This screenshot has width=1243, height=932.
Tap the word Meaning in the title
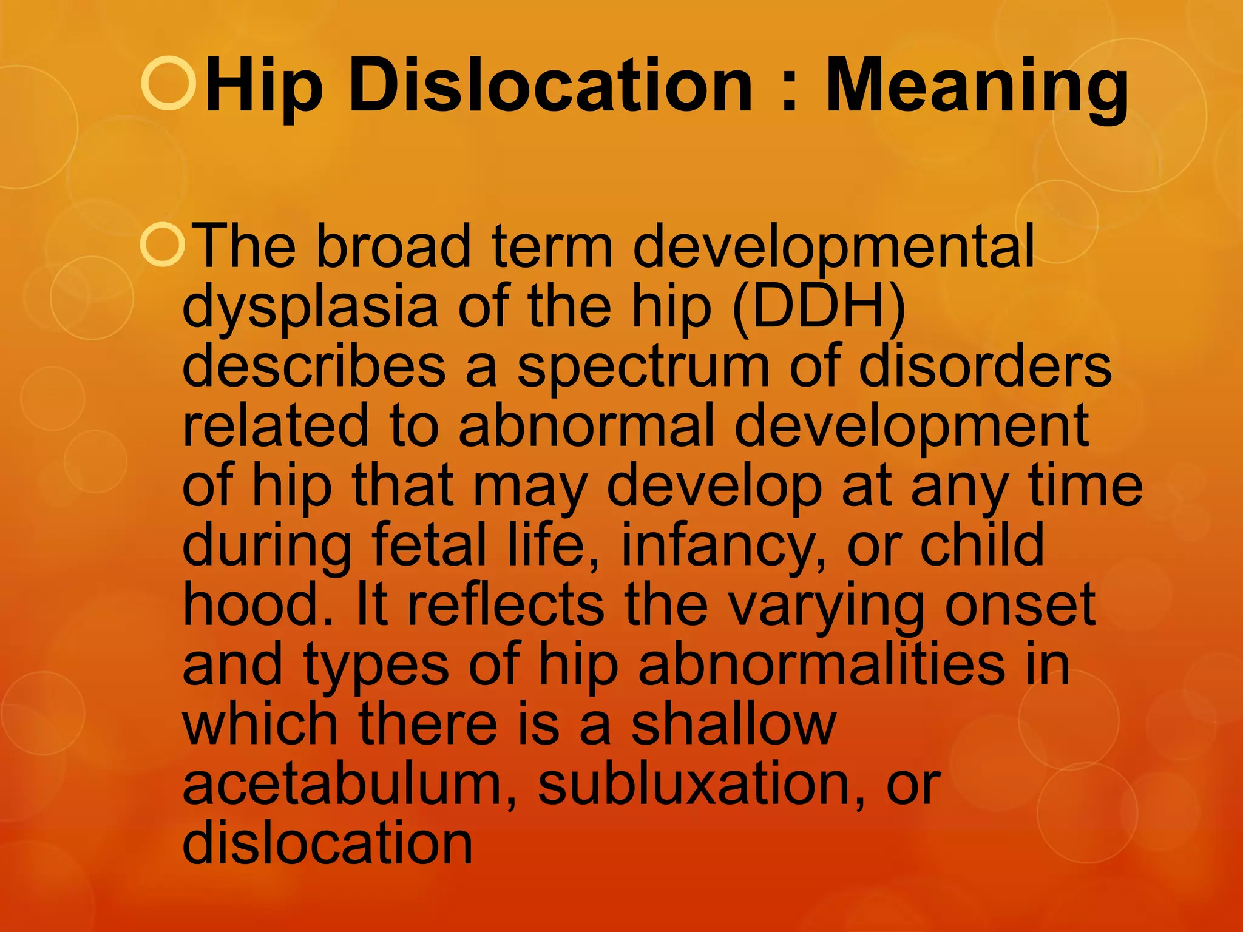coord(977,88)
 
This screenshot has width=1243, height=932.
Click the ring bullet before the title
coord(169,83)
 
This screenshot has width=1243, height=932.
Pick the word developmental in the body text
coord(833,248)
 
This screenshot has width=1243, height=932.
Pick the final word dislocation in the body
coord(327,843)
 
